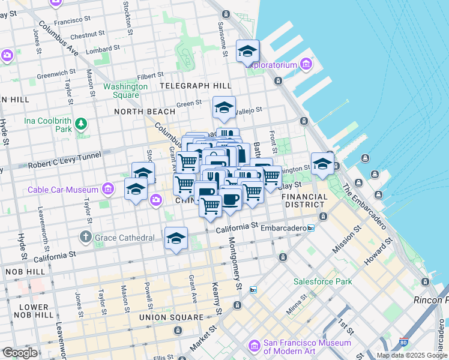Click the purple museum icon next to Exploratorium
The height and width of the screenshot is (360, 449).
(x=307, y=64)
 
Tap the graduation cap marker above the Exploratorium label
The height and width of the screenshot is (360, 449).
(x=247, y=52)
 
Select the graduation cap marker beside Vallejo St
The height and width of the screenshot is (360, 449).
(x=224, y=109)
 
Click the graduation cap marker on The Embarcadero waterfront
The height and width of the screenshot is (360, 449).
(x=322, y=164)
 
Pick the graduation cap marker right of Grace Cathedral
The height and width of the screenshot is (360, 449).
(x=176, y=239)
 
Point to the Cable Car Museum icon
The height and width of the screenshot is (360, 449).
(x=108, y=190)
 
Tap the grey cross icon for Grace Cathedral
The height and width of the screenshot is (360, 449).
(x=86, y=238)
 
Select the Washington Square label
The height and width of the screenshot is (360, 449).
(x=125, y=91)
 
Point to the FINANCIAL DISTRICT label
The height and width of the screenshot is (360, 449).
(x=304, y=200)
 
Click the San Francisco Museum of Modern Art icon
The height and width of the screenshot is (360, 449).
(x=255, y=347)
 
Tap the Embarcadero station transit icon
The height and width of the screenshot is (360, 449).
(x=311, y=228)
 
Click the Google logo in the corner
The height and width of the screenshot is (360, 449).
(x=20, y=352)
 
